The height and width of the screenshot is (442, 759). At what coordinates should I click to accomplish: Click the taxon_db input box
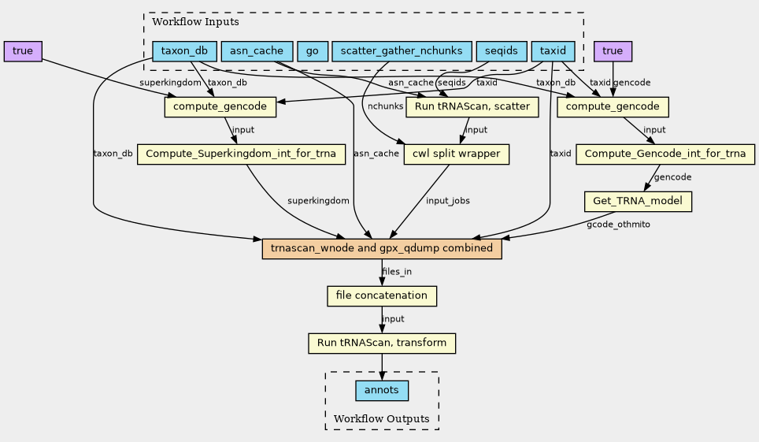pyautogui.click(x=184, y=51)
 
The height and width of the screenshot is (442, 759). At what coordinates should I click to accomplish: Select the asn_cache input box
pyautogui.click(x=257, y=51)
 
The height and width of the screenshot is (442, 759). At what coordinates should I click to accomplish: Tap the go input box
pyautogui.click(x=313, y=51)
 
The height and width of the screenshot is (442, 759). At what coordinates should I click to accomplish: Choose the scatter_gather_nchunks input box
pyautogui.click(x=402, y=51)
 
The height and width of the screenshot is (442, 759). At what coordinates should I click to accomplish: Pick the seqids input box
pyautogui.click(x=502, y=51)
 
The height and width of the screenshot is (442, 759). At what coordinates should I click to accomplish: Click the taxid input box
pyautogui.click(x=553, y=51)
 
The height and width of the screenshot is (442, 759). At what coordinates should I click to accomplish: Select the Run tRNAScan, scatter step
pyautogui.click(x=472, y=106)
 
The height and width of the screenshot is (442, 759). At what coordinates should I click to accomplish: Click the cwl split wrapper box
pyautogui.click(x=457, y=154)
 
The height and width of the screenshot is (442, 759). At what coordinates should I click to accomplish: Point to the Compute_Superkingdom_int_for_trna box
pyautogui.click(x=241, y=154)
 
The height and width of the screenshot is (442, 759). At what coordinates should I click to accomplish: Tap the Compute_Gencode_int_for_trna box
pyautogui.click(x=665, y=154)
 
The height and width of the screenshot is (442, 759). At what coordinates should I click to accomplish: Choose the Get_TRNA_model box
pyautogui.click(x=638, y=201)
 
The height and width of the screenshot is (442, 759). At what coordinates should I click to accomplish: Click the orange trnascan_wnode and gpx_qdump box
pyautogui.click(x=382, y=249)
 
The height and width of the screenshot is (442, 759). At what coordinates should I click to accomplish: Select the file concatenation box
pyautogui.click(x=382, y=295)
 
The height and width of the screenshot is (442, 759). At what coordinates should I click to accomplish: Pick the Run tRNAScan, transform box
pyautogui.click(x=382, y=344)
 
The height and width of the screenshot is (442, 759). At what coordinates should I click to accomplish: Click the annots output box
pyautogui.click(x=382, y=391)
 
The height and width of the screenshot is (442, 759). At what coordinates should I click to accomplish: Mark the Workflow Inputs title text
pyautogui.click(x=195, y=22)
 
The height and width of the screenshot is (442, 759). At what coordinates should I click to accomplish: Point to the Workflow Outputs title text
pyautogui.click(x=381, y=418)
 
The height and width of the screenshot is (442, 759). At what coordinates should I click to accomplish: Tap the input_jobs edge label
pyautogui.click(x=448, y=201)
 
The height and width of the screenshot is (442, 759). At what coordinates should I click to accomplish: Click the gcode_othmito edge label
pyautogui.click(x=618, y=225)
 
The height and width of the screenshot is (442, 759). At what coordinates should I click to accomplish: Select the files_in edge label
pyautogui.click(x=397, y=271)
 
